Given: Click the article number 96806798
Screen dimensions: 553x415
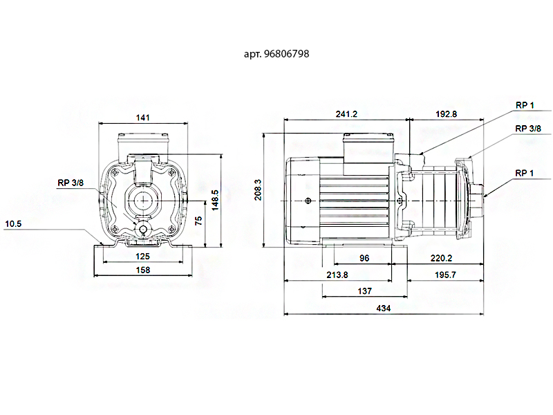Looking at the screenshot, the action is tap(286, 54).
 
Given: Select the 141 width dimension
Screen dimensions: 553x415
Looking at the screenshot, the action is tap(143, 118).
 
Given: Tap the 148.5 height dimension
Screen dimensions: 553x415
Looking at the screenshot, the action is tap(215, 200).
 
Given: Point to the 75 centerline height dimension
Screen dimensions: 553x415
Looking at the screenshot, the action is tap(198, 221).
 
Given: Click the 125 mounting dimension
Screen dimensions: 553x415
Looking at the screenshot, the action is tap(143, 256).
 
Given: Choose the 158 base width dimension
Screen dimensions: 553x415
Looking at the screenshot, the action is tap(143, 270).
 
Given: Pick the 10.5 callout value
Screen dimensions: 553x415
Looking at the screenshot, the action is tap(13, 223).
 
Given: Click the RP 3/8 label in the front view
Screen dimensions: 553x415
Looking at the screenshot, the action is tap(71, 183).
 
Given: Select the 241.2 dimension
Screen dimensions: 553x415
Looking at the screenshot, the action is tap(346, 114).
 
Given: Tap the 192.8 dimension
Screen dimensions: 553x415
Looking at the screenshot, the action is tap(446, 114).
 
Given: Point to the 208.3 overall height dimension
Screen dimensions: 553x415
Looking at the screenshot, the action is tap(258, 190).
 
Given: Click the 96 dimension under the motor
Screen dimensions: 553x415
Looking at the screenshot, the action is tap(364, 258).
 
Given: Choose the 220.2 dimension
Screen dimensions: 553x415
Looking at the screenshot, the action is tap(441, 258).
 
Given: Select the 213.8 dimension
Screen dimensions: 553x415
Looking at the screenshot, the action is tap(337, 275).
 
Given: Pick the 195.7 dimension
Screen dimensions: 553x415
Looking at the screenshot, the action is tap(445, 275).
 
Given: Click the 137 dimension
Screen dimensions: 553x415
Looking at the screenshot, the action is tap(365, 291).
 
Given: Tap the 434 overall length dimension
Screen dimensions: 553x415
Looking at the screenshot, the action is tap(384, 308).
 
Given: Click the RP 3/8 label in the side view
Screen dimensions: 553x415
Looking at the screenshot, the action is tap(528, 129).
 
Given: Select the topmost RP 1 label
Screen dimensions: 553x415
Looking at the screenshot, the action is tap(525, 105).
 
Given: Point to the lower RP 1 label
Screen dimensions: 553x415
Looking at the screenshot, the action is tap(525, 173).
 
